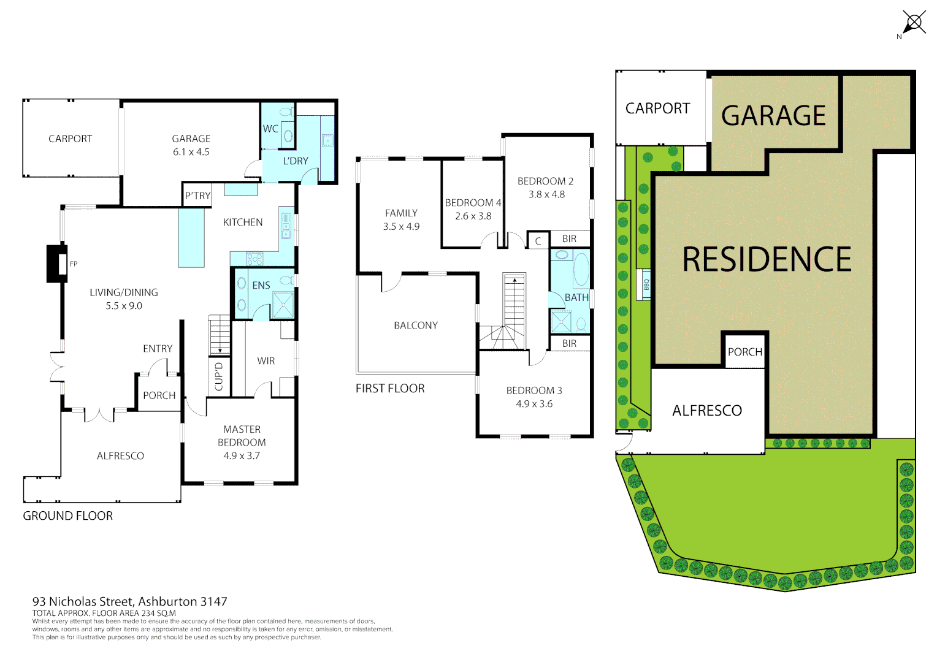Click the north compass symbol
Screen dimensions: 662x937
click(914, 23)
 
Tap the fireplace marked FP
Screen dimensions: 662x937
click(58, 264)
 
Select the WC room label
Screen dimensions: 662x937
click(270, 129)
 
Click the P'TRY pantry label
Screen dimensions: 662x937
click(197, 196)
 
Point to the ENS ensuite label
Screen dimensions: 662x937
click(261, 286)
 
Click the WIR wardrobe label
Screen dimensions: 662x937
click(266, 361)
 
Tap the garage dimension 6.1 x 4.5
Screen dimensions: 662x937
click(191, 152)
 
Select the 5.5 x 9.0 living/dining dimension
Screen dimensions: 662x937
click(124, 306)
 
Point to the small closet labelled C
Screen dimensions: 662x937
click(538, 241)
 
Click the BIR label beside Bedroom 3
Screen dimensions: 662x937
click(569, 344)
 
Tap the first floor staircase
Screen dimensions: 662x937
click(514, 310)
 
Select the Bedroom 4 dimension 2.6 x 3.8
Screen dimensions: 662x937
click(473, 216)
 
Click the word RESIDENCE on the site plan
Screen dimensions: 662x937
click(767, 259)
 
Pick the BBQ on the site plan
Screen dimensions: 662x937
click(645, 284)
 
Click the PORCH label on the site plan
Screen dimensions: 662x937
click(745, 352)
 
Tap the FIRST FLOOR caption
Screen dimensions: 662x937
click(390, 389)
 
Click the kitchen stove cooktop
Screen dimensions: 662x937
click(254, 259)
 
